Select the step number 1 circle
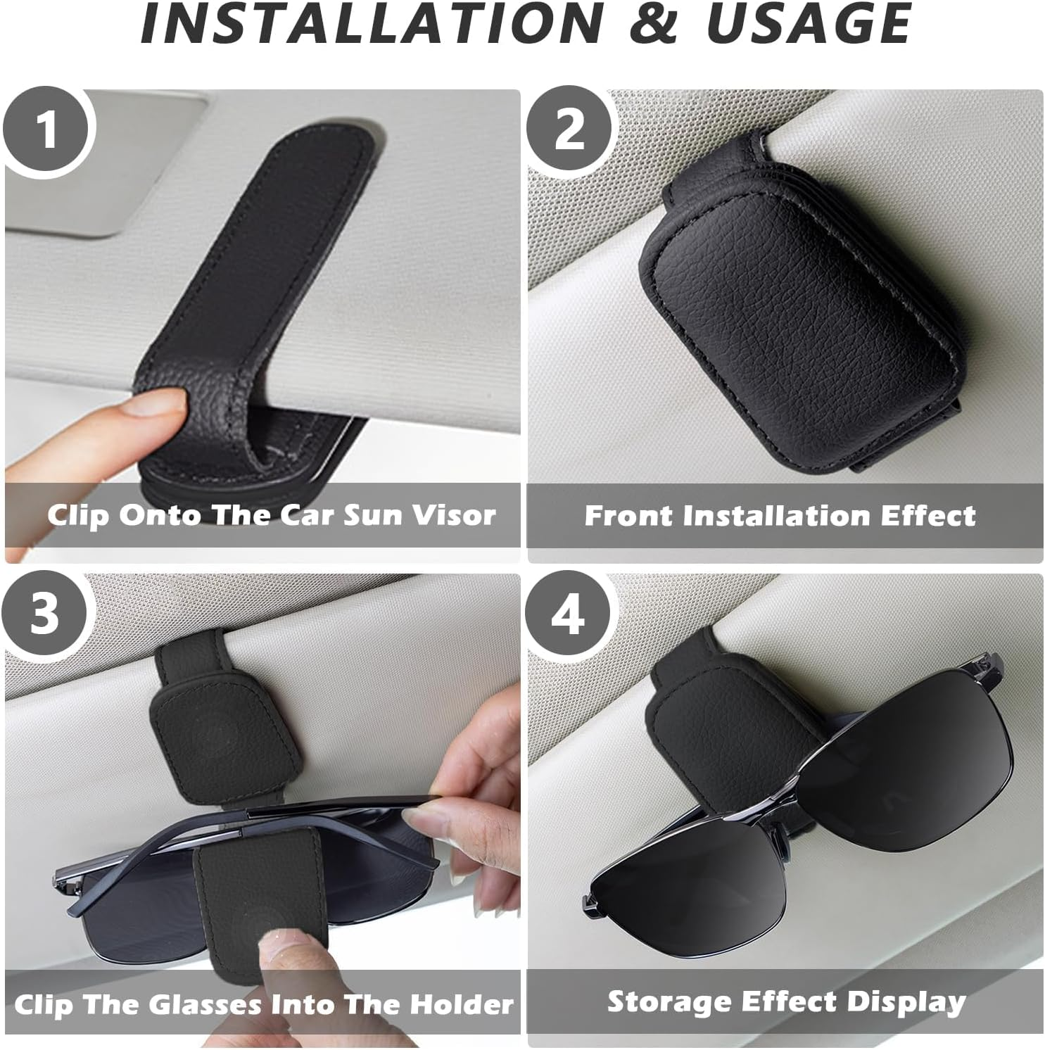(x=46, y=130)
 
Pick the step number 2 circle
(x=569, y=130)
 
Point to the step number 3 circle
(x=46, y=614)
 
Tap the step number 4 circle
(x=569, y=614)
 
